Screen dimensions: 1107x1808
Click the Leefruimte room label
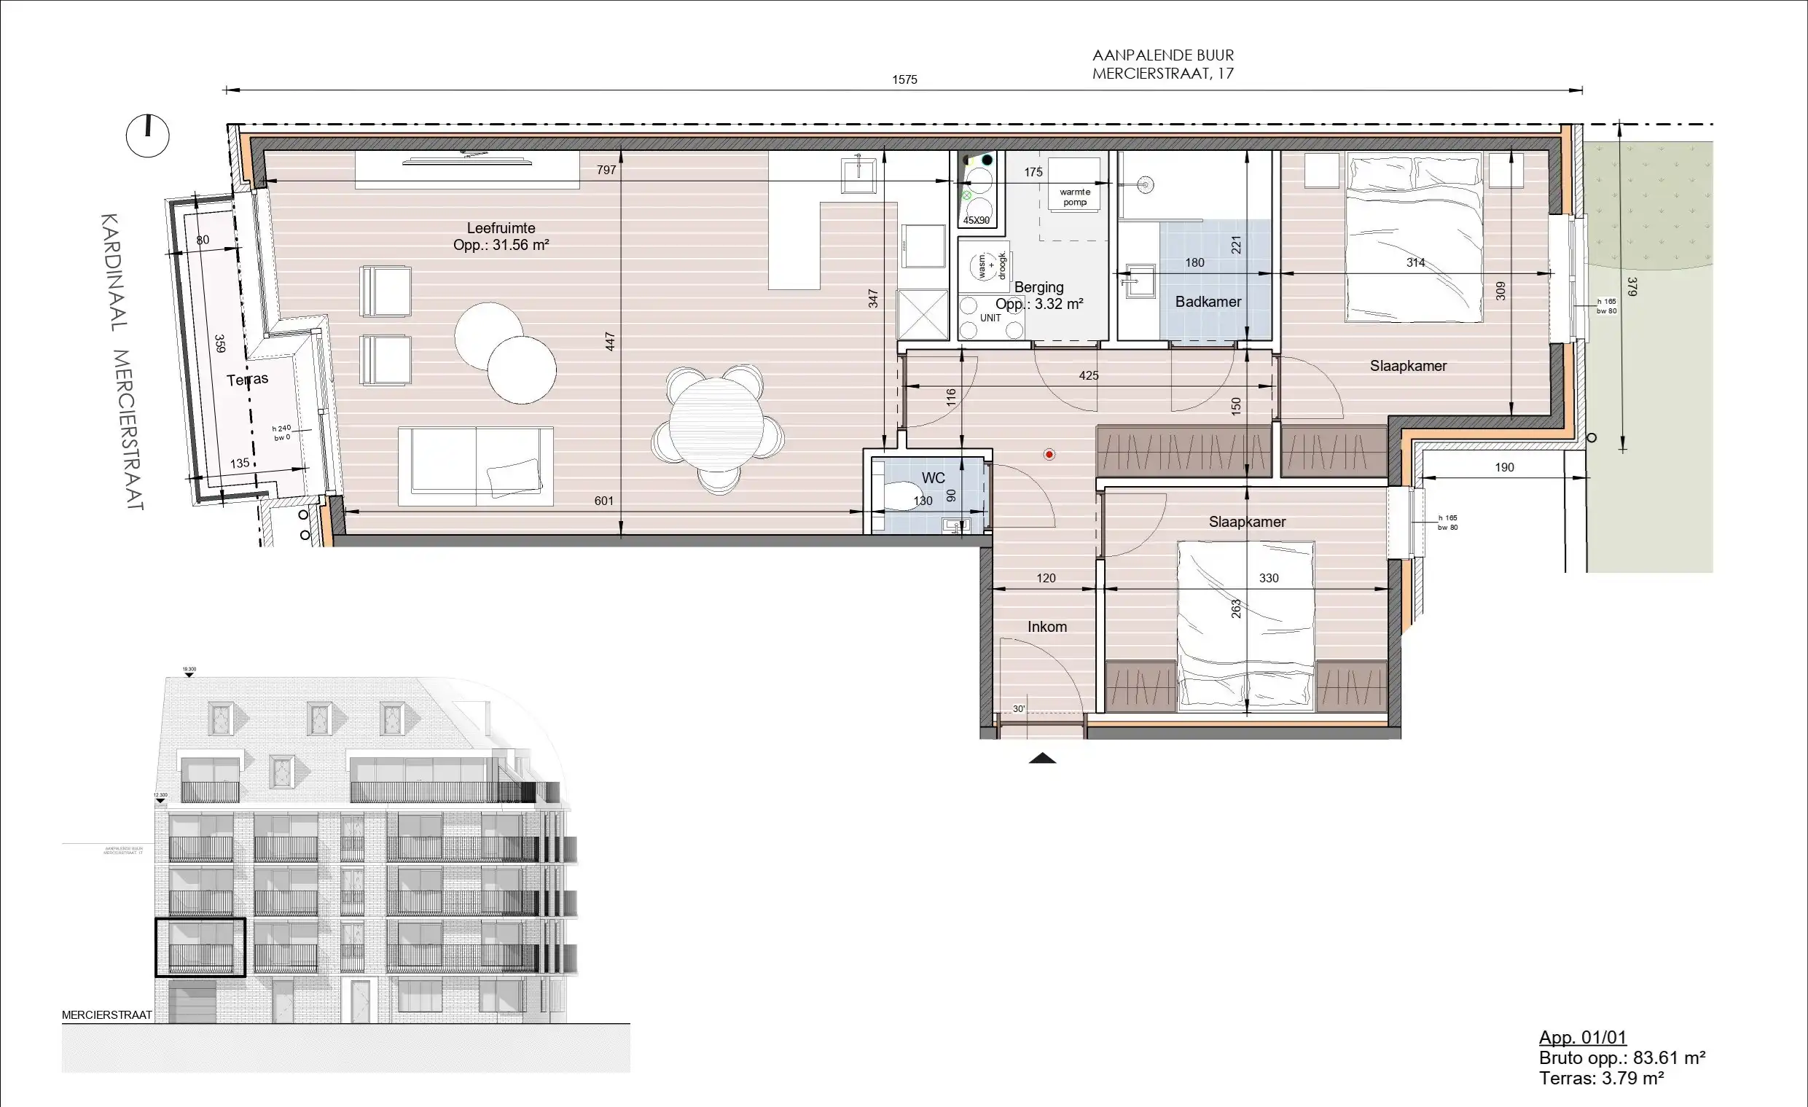click(x=501, y=229)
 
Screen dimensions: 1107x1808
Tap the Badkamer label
click(x=1208, y=302)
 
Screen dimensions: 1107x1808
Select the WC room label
click(x=933, y=478)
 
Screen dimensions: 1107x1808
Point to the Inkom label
click(x=1046, y=627)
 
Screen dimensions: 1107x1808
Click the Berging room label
click(x=1038, y=288)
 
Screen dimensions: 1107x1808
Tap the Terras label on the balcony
click(x=247, y=379)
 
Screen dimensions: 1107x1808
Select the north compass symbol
click(x=147, y=136)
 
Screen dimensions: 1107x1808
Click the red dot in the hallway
click(x=1049, y=455)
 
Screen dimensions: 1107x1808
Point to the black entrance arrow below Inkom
click(x=1042, y=759)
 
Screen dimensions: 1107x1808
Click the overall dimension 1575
click(x=904, y=79)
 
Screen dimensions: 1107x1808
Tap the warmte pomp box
click(x=1074, y=197)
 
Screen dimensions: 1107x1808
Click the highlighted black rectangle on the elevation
click(x=200, y=947)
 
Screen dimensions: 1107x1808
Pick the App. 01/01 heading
click(x=1582, y=1037)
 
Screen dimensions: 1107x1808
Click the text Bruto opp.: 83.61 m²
click(x=1621, y=1058)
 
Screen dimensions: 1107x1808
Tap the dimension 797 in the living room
click(x=606, y=170)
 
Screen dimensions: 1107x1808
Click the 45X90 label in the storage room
click(x=976, y=220)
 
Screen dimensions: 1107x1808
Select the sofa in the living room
click(x=475, y=466)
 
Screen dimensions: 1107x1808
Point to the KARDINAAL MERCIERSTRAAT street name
click(x=123, y=361)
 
